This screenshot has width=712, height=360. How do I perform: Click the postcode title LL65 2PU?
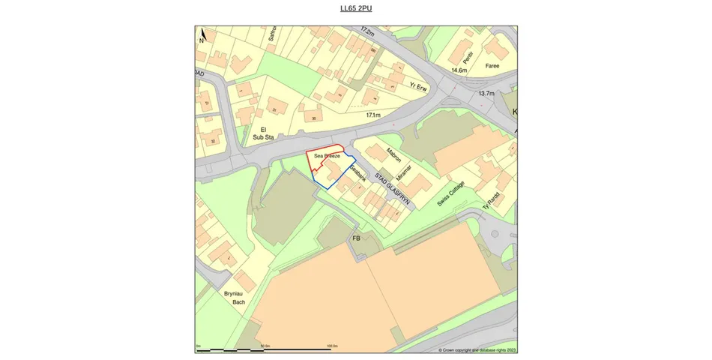click(356, 8)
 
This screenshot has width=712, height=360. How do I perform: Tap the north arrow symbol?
click(202, 35)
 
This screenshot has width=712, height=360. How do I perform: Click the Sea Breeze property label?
click(327, 156)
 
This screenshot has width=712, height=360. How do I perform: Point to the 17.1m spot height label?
click(373, 115)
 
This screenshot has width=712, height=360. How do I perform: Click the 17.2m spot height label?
click(367, 31)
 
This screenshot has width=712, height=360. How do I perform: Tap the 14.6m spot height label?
click(459, 70)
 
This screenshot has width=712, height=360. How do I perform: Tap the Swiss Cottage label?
click(451, 193)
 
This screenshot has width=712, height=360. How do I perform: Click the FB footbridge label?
click(357, 238)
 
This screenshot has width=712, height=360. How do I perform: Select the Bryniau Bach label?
click(235, 297)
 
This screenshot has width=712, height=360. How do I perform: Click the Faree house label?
click(492, 66)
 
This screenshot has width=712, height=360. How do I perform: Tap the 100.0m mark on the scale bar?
click(330, 346)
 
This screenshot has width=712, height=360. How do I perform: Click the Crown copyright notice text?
click(477, 349)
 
